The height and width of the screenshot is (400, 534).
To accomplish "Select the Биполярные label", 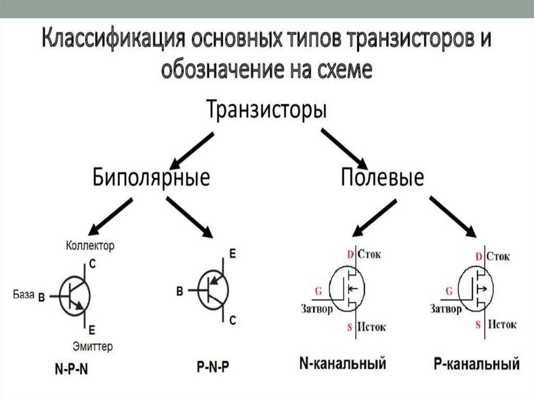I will tap(151, 177).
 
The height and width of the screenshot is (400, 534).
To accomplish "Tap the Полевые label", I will tap(382, 177).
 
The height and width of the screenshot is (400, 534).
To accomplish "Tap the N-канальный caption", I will tap(343, 363).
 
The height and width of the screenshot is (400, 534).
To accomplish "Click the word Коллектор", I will tap(90, 245).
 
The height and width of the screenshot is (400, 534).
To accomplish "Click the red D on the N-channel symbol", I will tap(350, 255).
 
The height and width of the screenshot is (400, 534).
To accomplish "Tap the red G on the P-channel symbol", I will tap(448, 291).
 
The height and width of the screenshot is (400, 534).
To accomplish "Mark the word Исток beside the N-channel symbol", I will tap(372, 328).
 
